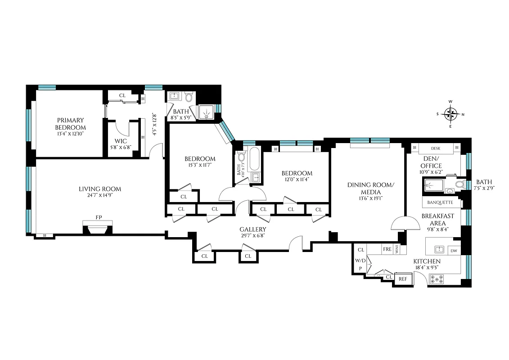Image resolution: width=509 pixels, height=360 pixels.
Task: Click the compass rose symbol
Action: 450,114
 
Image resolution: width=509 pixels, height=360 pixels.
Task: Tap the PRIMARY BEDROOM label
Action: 70,124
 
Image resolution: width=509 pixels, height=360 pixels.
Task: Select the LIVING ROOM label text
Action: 99,189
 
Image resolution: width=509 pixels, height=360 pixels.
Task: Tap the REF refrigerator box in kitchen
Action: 403,279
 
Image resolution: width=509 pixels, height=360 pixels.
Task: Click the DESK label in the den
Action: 435,148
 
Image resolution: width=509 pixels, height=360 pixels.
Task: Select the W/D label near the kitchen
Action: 360,261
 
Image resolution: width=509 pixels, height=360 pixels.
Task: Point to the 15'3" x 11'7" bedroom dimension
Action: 200,165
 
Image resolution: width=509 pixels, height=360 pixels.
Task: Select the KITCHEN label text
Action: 427,261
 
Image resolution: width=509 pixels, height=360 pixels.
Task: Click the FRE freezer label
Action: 387,249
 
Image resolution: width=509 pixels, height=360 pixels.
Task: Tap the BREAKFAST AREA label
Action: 437,219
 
